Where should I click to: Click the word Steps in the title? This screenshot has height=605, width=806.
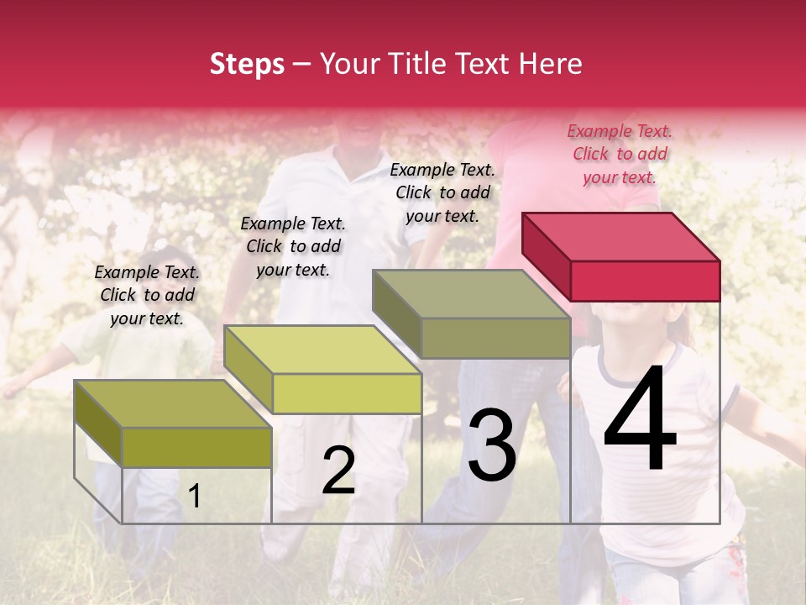247,64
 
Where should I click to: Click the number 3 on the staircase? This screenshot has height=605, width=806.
492,445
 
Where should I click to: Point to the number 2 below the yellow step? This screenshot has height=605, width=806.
339,471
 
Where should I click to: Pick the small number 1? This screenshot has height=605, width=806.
195,496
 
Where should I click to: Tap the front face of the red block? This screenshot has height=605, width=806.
645,281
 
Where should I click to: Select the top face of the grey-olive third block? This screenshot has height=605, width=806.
471,294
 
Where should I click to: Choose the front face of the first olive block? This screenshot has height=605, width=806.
196,447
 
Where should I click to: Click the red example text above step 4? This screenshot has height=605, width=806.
620,154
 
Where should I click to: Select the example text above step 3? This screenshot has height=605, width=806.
442,192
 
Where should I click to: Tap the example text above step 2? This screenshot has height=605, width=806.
293,246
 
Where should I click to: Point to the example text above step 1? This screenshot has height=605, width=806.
147,295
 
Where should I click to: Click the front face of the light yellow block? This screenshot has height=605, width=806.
347,393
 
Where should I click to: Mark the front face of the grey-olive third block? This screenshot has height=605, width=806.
495,338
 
